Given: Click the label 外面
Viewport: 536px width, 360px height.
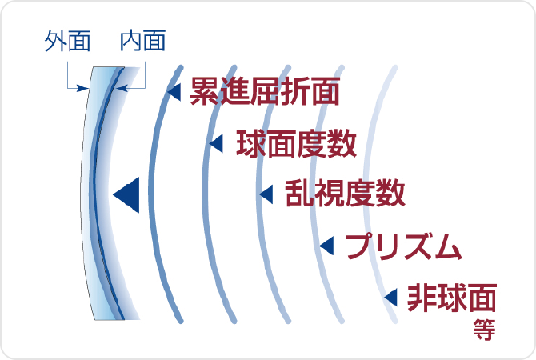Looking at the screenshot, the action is coord(67,41).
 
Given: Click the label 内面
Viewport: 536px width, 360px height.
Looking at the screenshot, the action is coord(143,41).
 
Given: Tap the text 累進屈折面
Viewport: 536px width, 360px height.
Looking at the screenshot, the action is coord(265,91).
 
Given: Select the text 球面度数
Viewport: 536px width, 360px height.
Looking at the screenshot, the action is coord(296,143).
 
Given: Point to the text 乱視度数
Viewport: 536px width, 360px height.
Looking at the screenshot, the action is coord(345,193).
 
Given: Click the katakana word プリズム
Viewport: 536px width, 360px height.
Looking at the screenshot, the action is coord(403,246).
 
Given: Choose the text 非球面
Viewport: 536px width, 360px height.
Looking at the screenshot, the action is coord(452,298).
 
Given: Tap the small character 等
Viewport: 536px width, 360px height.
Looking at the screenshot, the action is coord(484,330).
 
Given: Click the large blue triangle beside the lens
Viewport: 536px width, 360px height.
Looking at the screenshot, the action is coord(126,195).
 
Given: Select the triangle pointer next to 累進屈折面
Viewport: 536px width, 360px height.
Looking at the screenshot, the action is coord(174,92).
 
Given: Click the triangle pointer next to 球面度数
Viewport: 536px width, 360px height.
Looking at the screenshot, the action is coord(216,143).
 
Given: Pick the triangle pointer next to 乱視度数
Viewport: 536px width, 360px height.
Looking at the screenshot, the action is coord(266,194).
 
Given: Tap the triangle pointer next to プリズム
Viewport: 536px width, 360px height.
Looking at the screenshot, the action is coord(326,246).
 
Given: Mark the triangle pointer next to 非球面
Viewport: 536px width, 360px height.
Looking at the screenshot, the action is coord(390,297).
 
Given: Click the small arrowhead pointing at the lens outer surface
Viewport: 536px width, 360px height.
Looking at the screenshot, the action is coord(82,88).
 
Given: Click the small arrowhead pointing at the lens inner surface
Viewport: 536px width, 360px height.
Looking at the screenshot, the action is coord(122,88).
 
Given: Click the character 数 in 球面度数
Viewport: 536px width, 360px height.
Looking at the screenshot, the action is coord(342,143).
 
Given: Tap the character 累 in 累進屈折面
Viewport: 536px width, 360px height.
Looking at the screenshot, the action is coord(205,91).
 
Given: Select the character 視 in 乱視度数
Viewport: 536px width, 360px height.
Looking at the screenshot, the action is coord(330,193).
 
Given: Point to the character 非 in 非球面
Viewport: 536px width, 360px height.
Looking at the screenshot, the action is coord(422,298).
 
